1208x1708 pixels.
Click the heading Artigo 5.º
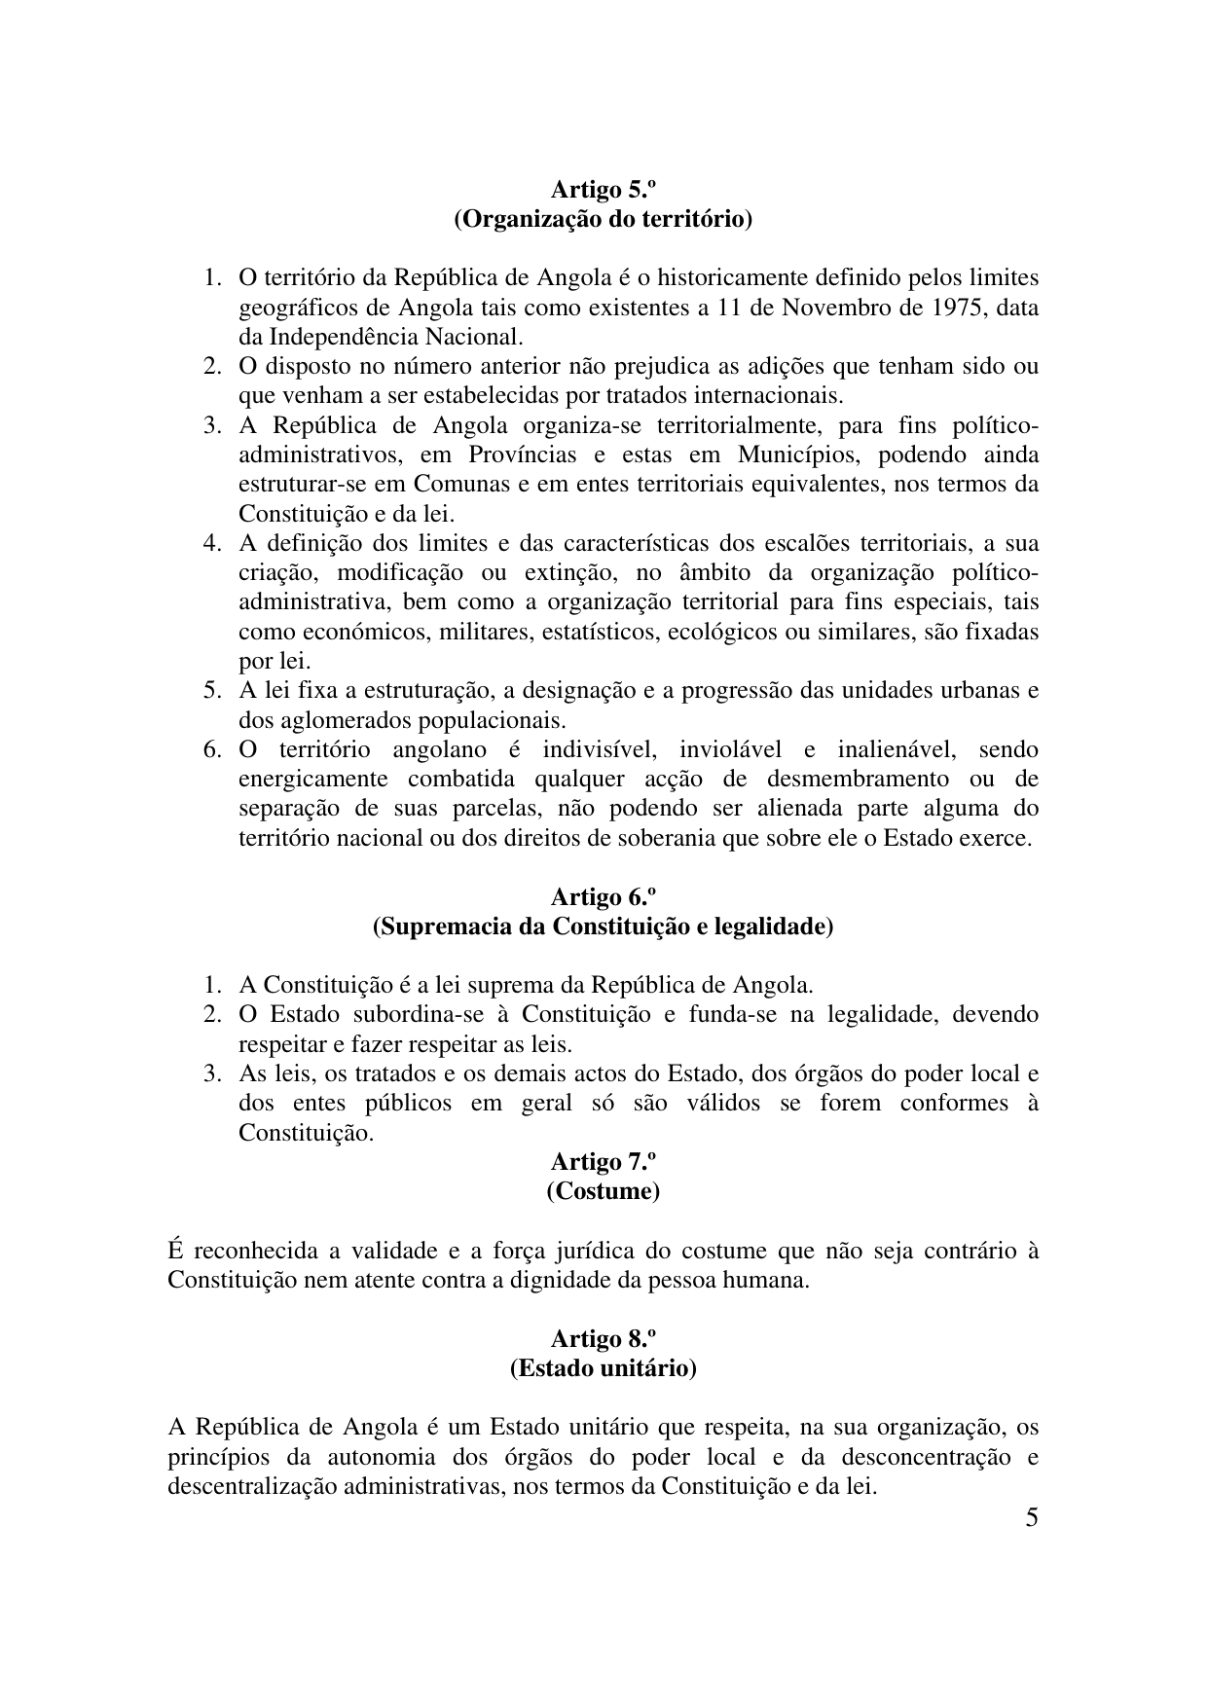tap(604, 189)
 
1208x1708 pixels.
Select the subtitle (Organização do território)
tap(604, 219)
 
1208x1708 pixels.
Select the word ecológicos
tap(725, 632)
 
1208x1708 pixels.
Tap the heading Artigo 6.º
tap(604, 896)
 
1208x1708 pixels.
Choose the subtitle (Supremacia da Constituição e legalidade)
tap(604, 927)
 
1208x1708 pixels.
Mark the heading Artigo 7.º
tap(604, 1162)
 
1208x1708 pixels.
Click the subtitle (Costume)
tap(604, 1191)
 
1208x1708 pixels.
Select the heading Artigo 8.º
tap(604, 1339)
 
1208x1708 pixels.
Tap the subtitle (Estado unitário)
tap(604, 1368)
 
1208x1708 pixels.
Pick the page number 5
tap(1032, 1518)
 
